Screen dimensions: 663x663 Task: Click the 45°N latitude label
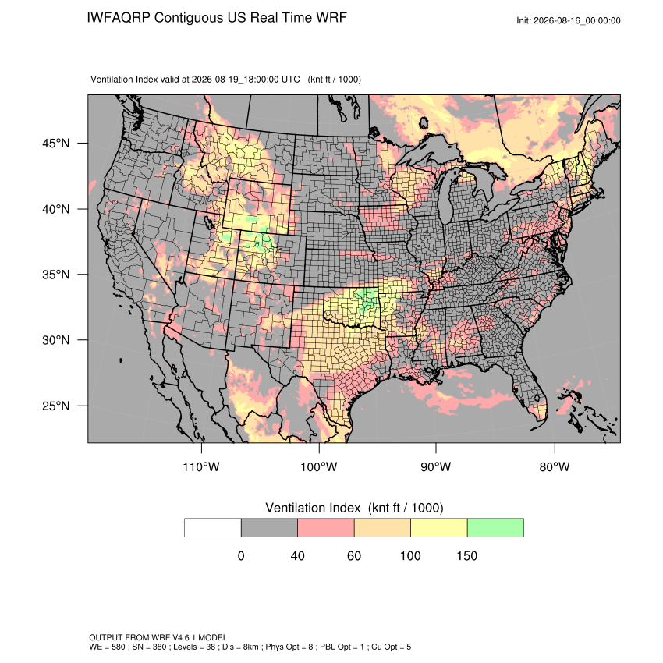click(56, 144)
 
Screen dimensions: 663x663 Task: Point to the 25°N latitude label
click(56, 406)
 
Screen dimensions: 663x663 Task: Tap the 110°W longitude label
click(201, 466)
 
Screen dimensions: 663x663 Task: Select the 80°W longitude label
click(555, 466)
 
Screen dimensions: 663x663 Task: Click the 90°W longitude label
click(435, 466)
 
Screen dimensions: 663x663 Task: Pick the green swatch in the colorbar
click(495, 528)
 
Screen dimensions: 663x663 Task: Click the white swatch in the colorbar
click(213, 528)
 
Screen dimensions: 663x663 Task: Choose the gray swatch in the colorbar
click(269, 528)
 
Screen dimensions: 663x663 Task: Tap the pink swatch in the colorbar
click(326, 528)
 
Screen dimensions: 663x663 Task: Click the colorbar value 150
click(466, 555)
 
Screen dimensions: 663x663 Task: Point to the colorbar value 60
click(354, 555)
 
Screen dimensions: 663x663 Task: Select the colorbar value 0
click(241, 555)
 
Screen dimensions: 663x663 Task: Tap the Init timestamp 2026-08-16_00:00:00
click(576, 21)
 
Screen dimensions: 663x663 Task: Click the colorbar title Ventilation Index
click(313, 508)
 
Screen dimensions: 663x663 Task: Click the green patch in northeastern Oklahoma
click(366, 300)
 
